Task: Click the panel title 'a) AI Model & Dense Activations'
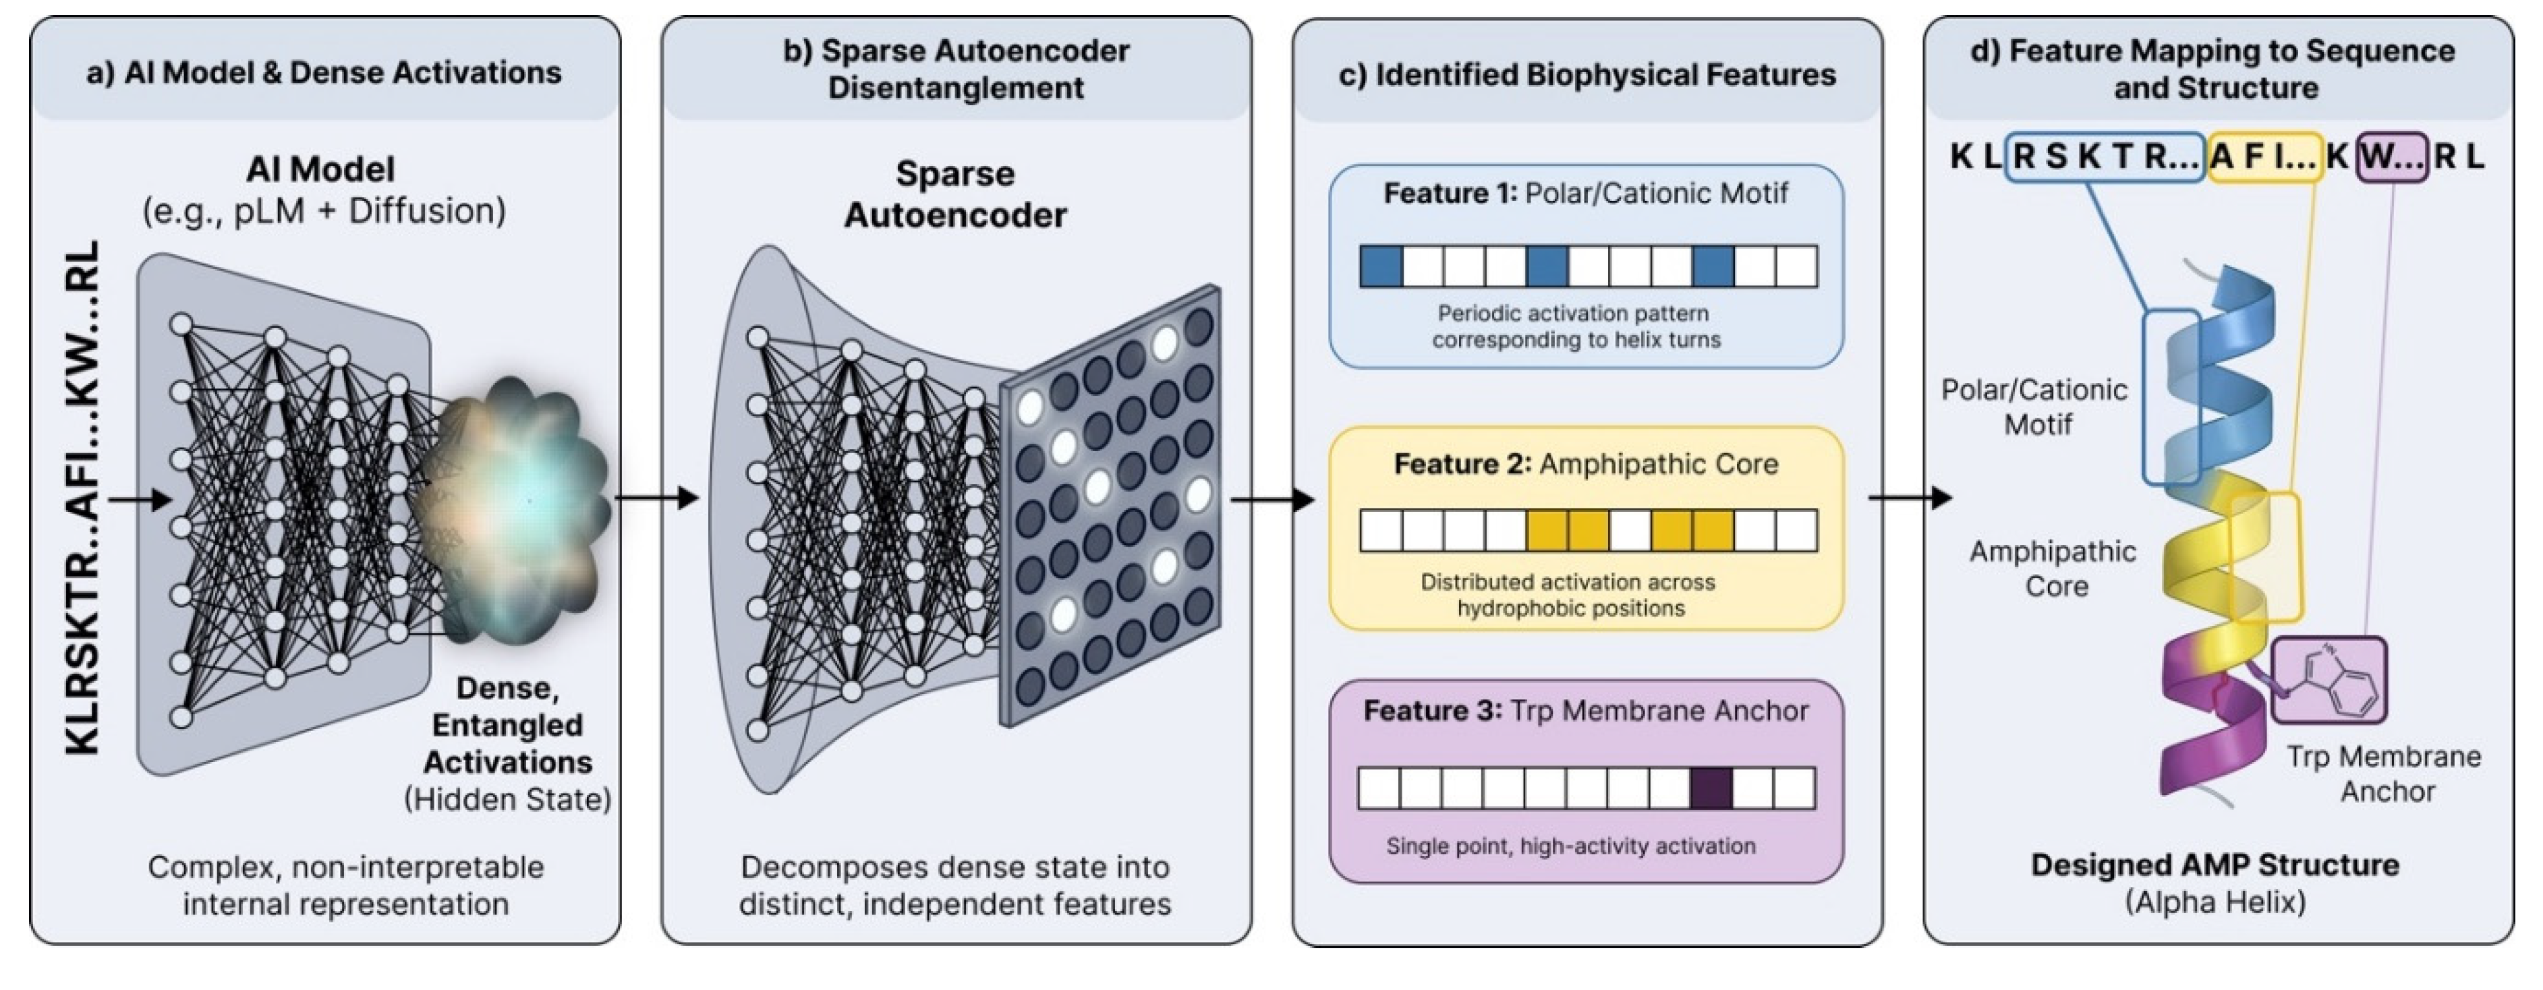pyautogui.click(x=324, y=72)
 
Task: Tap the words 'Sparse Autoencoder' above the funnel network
pyautogui.click(x=954, y=194)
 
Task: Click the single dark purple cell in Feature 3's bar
pyautogui.click(x=1711, y=788)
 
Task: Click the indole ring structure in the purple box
pyautogui.click(x=2331, y=681)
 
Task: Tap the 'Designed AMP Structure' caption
pyautogui.click(x=2215, y=865)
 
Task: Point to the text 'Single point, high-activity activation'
pyautogui.click(x=1570, y=846)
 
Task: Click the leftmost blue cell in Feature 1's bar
pyautogui.click(x=1381, y=266)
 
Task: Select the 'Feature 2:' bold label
pyautogui.click(x=1462, y=464)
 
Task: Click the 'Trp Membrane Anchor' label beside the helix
pyautogui.click(x=2384, y=773)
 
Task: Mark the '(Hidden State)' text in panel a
pyautogui.click(x=507, y=798)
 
